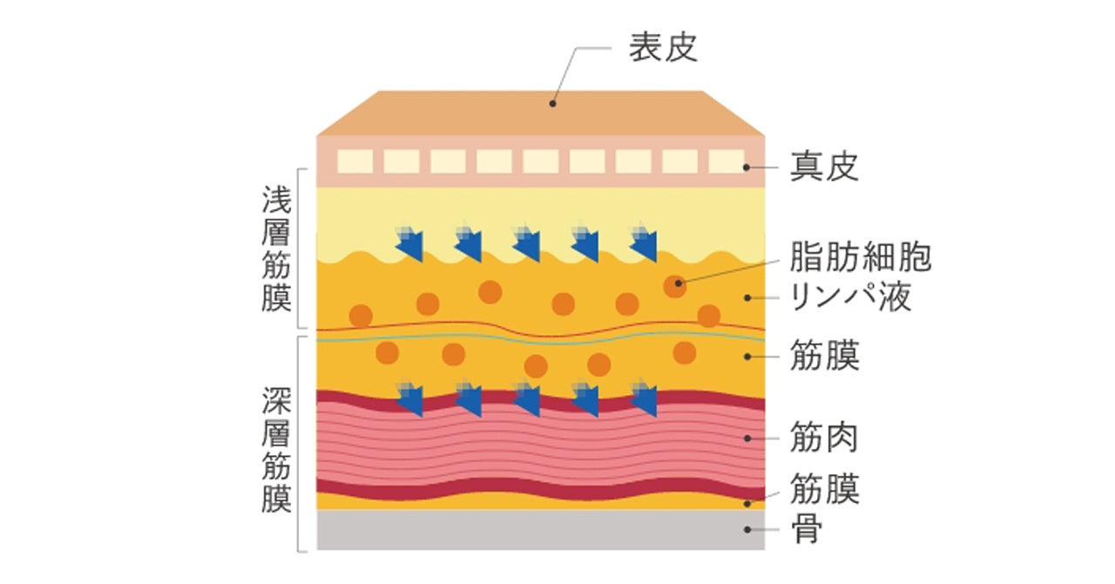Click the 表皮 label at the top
[663, 48]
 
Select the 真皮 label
[824, 167]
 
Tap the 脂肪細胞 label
[860, 257]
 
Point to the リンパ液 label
[849, 297]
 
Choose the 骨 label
[807, 529]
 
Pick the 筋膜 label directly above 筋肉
[824, 357]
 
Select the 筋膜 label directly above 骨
[824, 489]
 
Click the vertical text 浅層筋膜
[276, 248]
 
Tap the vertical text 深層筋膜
[276, 451]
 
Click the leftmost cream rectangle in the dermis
[355, 161]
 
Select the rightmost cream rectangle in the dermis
[726, 161]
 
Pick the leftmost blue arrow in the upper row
[410, 243]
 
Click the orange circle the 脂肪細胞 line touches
[674, 285]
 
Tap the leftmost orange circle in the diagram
[361, 316]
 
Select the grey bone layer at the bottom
[540, 530]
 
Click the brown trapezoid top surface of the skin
[540, 113]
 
